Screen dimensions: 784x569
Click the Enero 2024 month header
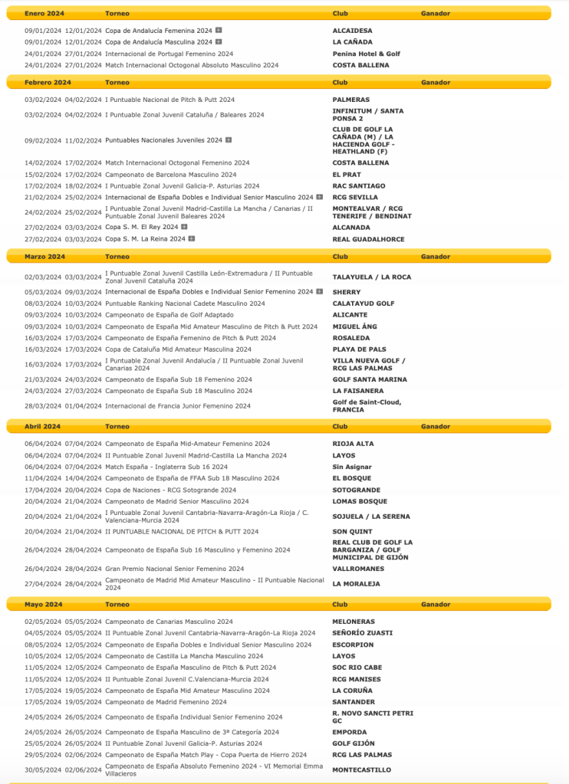coord(44,14)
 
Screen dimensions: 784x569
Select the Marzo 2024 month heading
coord(44,257)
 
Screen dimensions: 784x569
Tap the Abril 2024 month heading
coord(42,426)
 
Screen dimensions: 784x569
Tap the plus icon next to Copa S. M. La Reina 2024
coord(191,239)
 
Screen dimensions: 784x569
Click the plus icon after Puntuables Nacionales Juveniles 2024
coord(228,140)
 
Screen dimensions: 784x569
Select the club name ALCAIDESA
coord(352,31)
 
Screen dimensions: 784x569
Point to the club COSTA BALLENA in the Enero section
coord(360,65)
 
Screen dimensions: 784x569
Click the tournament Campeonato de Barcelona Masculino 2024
coord(170,175)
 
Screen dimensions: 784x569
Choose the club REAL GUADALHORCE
coord(368,239)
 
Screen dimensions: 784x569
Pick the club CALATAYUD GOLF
coord(363,303)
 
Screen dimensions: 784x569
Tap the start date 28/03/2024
coord(43,406)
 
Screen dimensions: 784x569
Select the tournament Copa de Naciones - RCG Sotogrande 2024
coord(170,490)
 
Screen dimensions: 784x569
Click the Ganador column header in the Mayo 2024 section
coord(436,605)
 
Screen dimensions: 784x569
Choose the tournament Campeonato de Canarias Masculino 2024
coord(169,622)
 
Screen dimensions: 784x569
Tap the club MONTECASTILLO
coord(361,769)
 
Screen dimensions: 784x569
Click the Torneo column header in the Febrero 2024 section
coord(117,82)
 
